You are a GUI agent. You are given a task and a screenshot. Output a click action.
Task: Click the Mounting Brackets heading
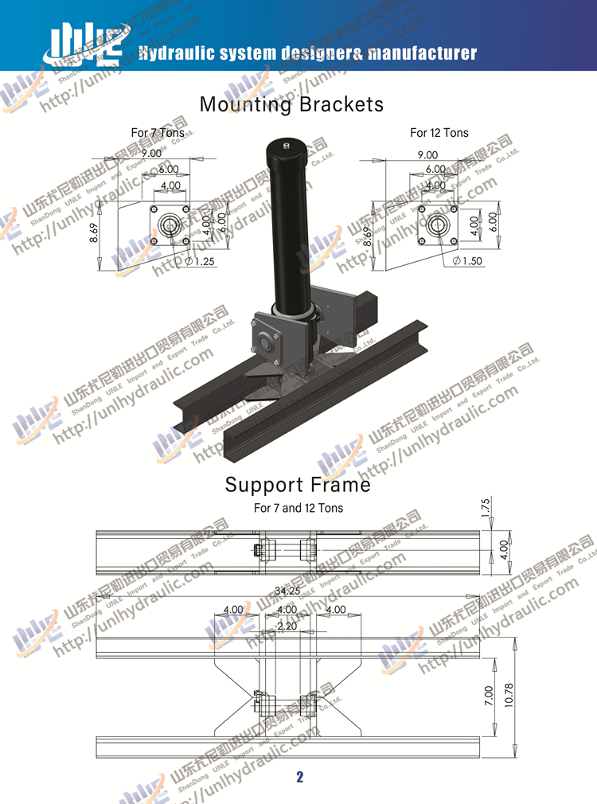point(291,104)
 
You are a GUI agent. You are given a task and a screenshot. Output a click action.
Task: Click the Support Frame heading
point(298,484)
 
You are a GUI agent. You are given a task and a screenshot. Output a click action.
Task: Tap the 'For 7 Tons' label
point(158,133)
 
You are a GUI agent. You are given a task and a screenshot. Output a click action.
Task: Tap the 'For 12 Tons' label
point(439,133)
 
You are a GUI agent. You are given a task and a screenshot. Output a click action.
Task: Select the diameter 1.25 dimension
point(201,261)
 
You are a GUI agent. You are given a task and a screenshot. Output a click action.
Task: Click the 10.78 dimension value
point(509,697)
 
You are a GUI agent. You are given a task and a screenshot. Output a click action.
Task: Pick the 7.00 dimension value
point(488,697)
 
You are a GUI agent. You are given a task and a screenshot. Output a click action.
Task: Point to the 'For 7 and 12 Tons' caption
point(298,508)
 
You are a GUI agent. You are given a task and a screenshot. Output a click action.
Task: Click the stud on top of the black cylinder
point(287,146)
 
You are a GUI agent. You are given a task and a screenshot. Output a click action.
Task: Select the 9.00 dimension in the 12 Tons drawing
point(427,155)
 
